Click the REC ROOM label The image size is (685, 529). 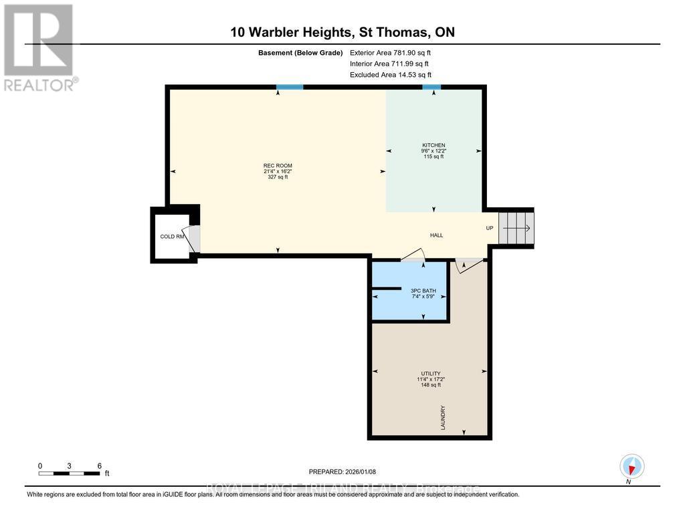pos(278,166)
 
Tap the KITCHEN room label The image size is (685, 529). pos(433,146)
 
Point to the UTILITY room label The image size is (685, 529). pos(431,374)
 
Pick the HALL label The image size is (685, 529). pos(436,235)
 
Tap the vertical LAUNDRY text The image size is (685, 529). pos(443,417)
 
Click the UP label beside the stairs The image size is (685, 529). pos(490,228)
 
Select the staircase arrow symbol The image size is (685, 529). pos(516,228)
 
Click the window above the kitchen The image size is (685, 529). pos(431,87)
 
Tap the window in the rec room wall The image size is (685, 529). pos(290,87)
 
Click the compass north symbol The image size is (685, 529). pos(631,466)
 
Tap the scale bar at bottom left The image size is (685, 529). pos(70,473)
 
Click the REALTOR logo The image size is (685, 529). pos(39,47)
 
